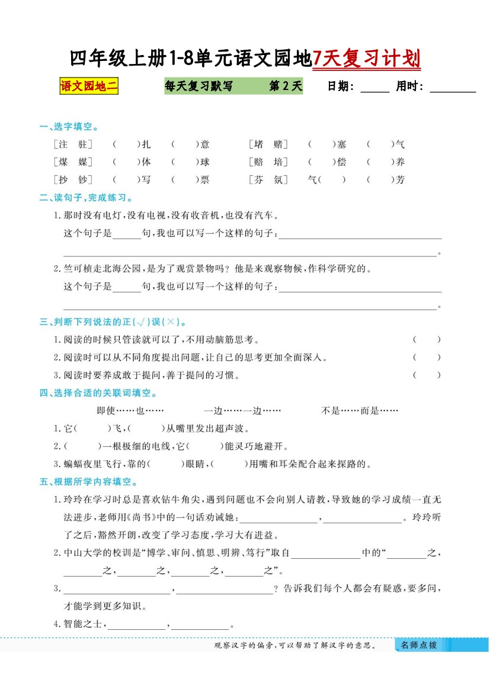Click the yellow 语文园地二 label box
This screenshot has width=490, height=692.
pyautogui.click(x=89, y=86)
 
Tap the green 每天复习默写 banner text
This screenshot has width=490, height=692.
pyautogui.click(x=198, y=86)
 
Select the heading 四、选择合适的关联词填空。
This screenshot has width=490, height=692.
pyautogui.click(x=98, y=393)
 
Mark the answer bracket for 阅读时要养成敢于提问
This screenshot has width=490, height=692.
pyautogui.click(x=427, y=375)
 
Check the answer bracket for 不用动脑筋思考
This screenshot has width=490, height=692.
pyautogui.click(x=427, y=340)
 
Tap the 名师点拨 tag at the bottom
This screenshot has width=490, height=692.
pyautogui.click(x=418, y=645)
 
